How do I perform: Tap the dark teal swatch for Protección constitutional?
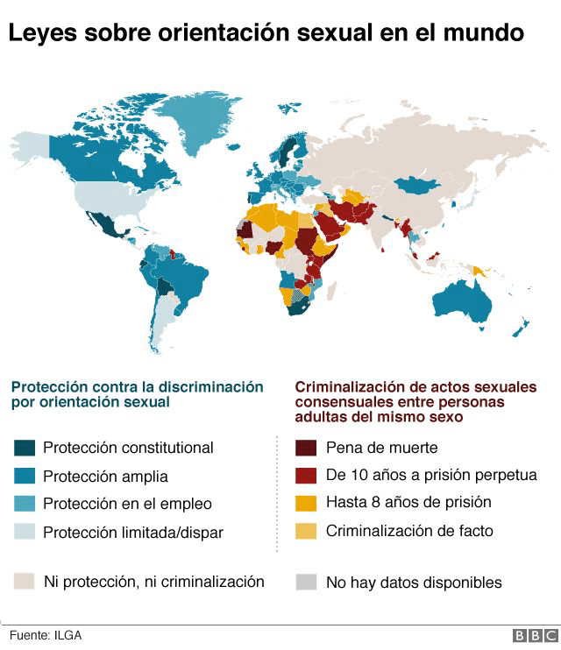25,448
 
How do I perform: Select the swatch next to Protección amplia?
25,477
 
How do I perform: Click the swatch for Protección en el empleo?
25,504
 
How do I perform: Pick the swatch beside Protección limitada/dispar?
25,532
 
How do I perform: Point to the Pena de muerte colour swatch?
306,448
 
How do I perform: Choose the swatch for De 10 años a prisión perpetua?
306,476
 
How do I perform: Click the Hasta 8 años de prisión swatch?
306,503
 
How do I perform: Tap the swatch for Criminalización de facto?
306,530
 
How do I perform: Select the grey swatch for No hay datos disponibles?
306,581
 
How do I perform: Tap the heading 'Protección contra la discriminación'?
137,386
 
